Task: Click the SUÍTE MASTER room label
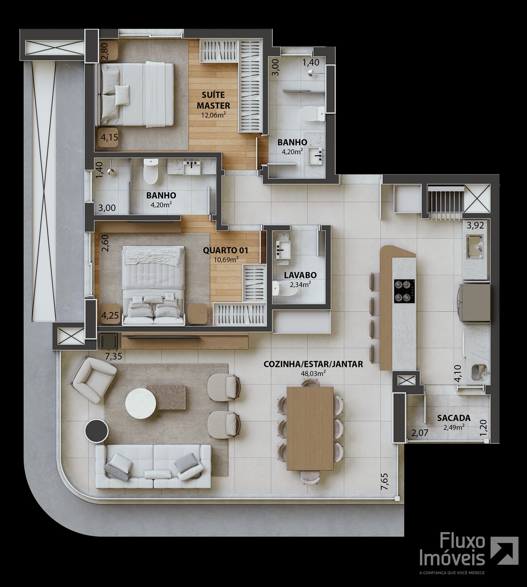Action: coord(213,100)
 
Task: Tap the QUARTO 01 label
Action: coord(226,250)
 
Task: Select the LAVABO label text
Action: coord(300,275)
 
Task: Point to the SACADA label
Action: coord(454,418)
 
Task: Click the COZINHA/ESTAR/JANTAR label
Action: coord(313,364)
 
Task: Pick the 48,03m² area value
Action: coord(313,373)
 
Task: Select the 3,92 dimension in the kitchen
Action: coord(475,226)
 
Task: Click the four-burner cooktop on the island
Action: coord(404,291)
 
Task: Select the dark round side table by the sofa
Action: coord(97,431)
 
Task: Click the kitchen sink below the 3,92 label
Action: coord(475,247)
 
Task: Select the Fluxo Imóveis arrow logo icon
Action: coord(504,551)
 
